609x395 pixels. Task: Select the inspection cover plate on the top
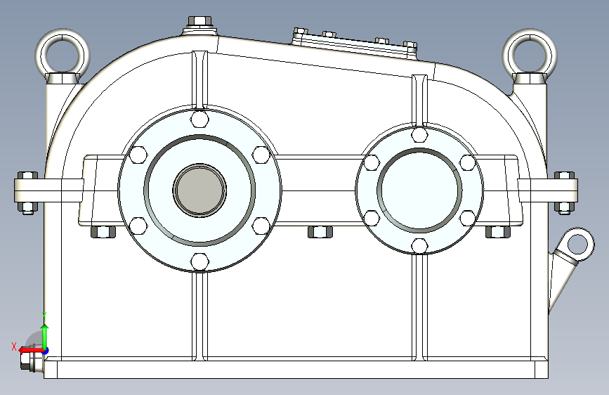click(x=355, y=41)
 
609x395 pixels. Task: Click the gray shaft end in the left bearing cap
click(x=200, y=190)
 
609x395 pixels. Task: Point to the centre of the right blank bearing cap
click(x=419, y=189)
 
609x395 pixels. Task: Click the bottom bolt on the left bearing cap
click(x=200, y=261)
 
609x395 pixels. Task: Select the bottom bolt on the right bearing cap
click(x=419, y=245)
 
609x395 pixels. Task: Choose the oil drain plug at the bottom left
click(x=31, y=361)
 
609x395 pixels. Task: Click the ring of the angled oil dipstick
click(x=577, y=244)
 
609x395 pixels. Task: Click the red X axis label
click(x=13, y=346)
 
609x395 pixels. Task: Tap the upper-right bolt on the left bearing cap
click(x=261, y=154)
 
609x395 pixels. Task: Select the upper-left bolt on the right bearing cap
click(x=372, y=162)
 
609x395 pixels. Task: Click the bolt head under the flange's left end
click(x=103, y=231)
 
